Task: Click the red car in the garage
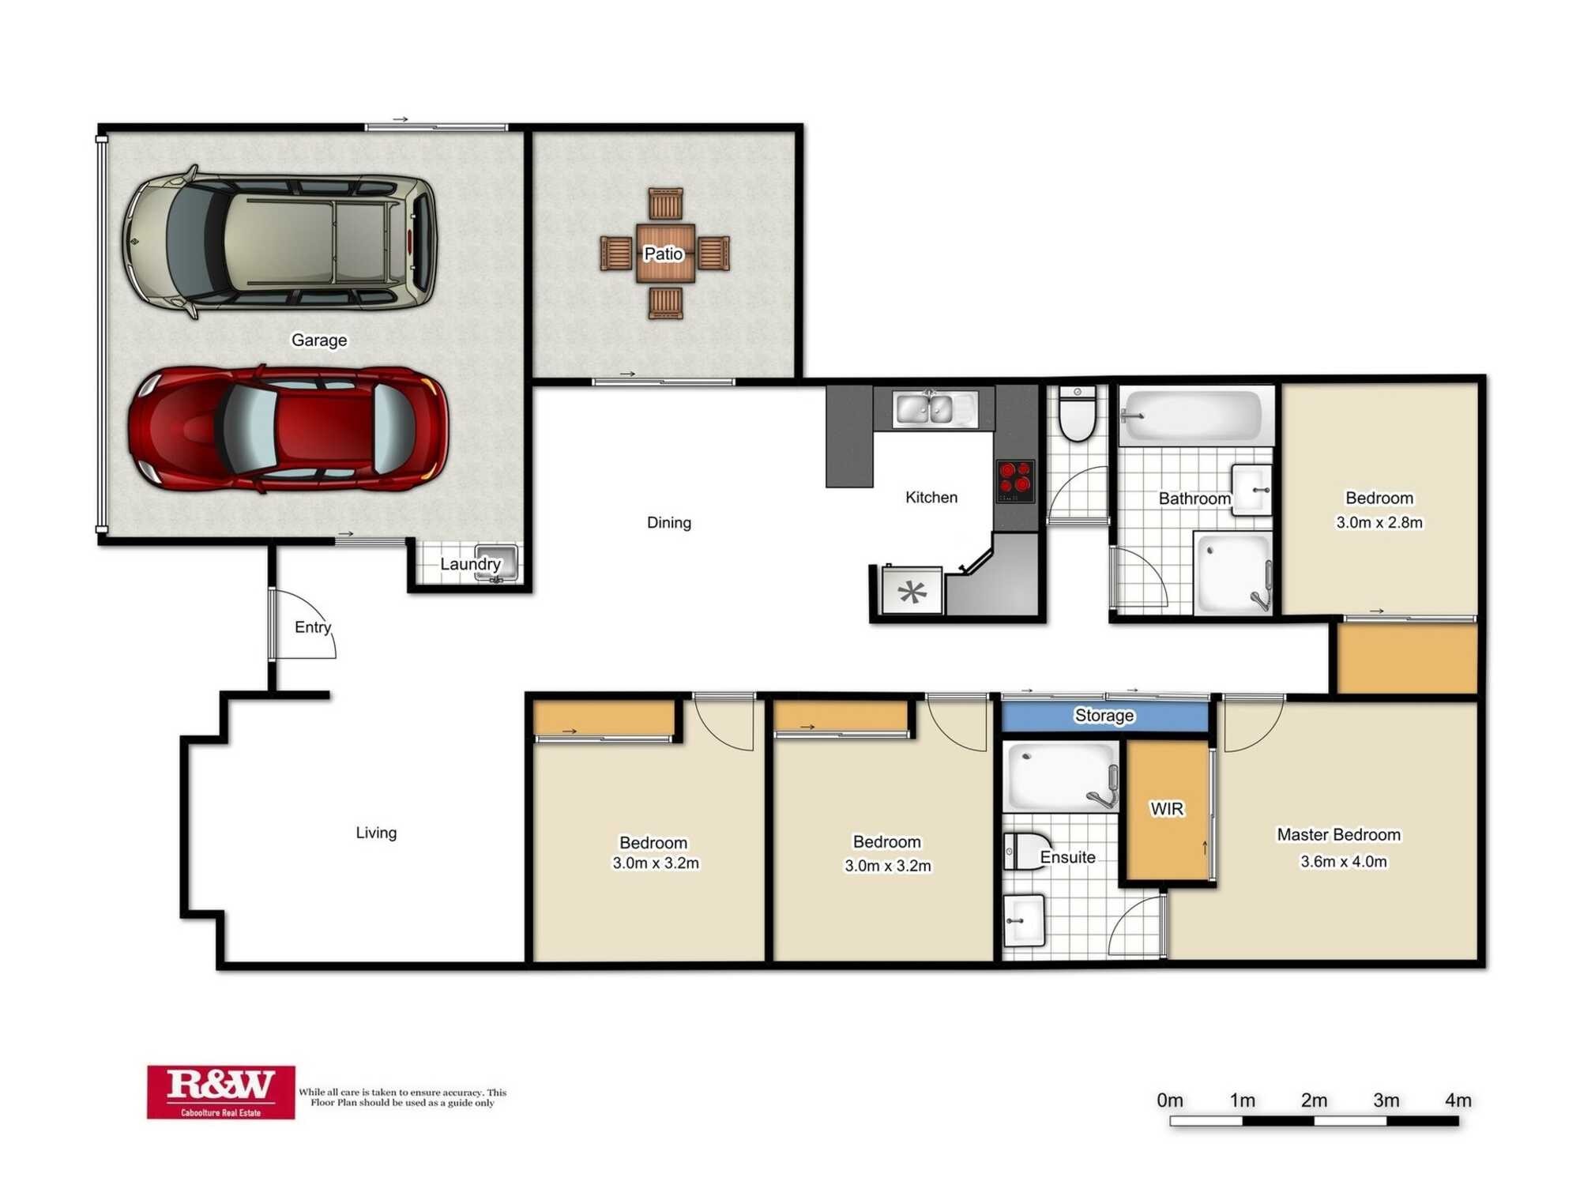(x=288, y=429)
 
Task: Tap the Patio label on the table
(x=664, y=254)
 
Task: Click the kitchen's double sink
(x=935, y=409)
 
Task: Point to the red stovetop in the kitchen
(x=1015, y=481)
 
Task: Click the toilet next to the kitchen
(x=1077, y=413)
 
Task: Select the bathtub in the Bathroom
(x=1195, y=415)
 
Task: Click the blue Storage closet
(x=1105, y=716)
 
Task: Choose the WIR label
(x=1167, y=809)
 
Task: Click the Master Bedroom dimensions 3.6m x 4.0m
(x=1344, y=861)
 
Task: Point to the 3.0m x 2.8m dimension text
(x=1379, y=522)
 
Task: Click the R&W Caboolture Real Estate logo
(x=221, y=1092)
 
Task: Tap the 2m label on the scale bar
(x=1315, y=1100)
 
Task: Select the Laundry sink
(x=496, y=562)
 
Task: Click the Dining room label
(x=669, y=522)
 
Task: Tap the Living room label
(x=376, y=833)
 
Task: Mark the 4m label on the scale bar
(x=1458, y=1100)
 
